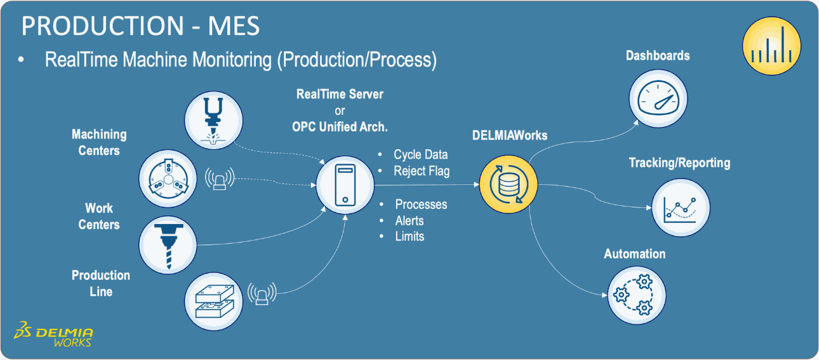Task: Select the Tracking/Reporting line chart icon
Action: pyautogui.click(x=680, y=208)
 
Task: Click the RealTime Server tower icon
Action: pyautogui.click(x=345, y=185)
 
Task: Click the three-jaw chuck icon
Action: pyautogui.click(x=167, y=178)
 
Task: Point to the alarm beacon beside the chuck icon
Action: pyautogui.click(x=220, y=179)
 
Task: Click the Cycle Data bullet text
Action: pyautogui.click(x=420, y=155)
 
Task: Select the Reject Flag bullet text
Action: pyautogui.click(x=422, y=171)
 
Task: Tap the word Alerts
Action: pyautogui.click(x=409, y=221)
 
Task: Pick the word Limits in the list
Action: pyautogui.click(x=409, y=236)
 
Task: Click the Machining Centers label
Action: pyautogui.click(x=99, y=143)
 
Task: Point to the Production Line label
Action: pyautogui.click(x=101, y=283)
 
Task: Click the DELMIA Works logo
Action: pyautogui.click(x=55, y=337)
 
